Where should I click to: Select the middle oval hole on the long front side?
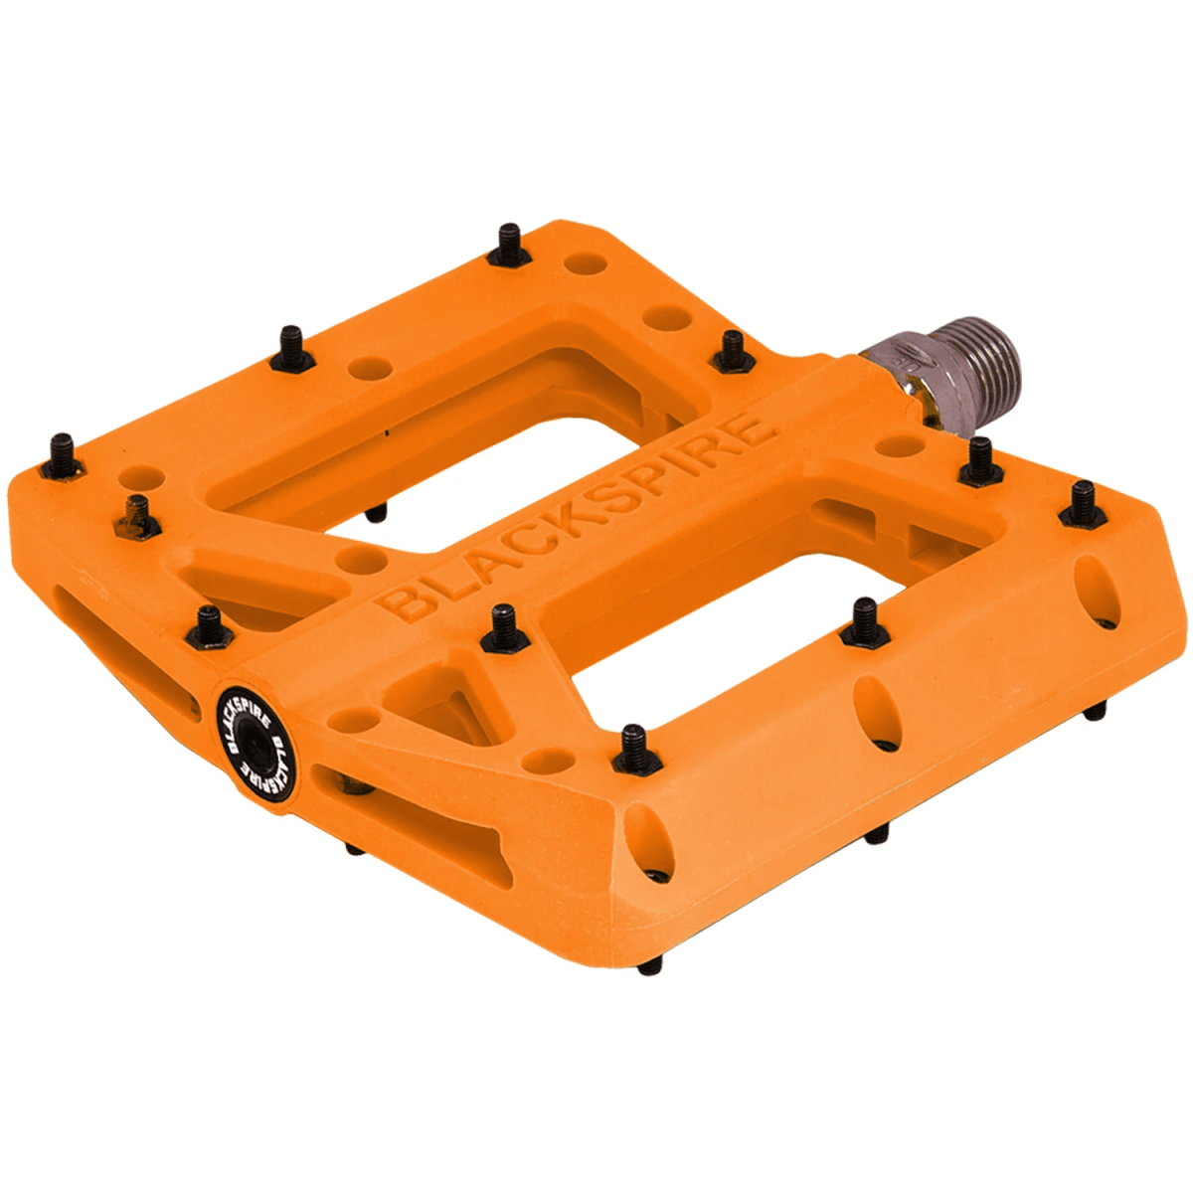click(x=872, y=710)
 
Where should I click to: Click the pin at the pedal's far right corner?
click(x=1083, y=503)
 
